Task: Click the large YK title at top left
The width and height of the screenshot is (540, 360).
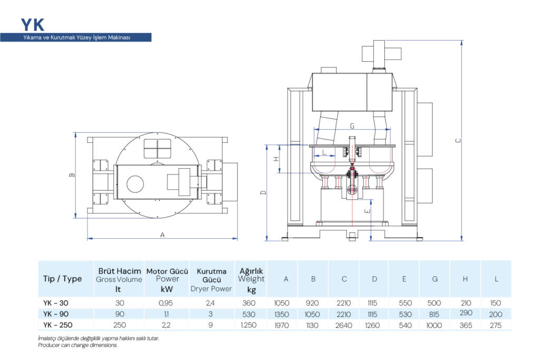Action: coord(33,24)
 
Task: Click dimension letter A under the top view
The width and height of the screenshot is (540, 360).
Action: coord(162,235)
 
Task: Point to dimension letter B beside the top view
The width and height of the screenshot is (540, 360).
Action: coord(72,175)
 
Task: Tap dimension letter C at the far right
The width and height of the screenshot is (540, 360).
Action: coord(458,140)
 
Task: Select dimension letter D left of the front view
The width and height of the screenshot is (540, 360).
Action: coord(263,193)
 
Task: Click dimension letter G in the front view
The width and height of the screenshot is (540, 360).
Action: coord(352,127)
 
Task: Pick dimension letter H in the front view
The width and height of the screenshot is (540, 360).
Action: coord(276,159)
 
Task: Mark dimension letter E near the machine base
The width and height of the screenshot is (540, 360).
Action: coord(368,211)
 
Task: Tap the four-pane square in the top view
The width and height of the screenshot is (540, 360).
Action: coord(158,148)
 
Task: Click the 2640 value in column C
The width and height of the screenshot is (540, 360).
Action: coord(344,325)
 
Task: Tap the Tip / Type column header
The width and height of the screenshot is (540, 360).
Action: coord(62,279)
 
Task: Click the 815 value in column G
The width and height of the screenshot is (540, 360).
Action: coord(435,314)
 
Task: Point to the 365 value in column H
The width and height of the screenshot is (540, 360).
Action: coord(465,325)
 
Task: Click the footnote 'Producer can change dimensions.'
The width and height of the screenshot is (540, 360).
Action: coord(78,345)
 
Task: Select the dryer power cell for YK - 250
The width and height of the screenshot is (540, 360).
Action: coord(211,325)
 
